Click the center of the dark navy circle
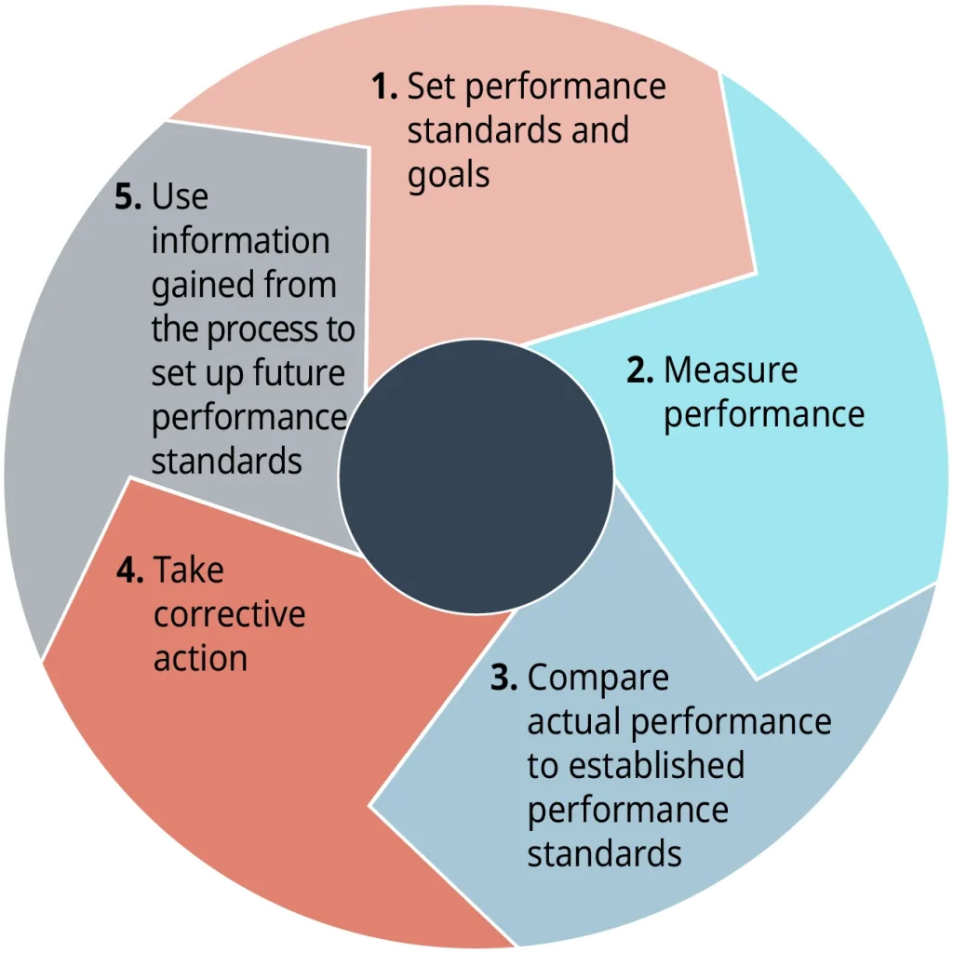(x=476, y=476)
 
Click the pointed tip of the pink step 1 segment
(x=756, y=273)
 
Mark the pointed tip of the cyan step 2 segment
(x=757, y=678)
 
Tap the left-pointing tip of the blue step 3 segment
(x=369, y=807)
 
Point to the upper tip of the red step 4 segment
(x=130, y=478)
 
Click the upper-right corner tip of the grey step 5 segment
(x=369, y=148)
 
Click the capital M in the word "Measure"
(x=679, y=369)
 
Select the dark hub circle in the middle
(x=476, y=476)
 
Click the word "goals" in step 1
(x=449, y=176)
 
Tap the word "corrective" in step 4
(x=229, y=615)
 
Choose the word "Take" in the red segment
(x=188, y=570)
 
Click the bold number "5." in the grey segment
(x=128, y=196)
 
